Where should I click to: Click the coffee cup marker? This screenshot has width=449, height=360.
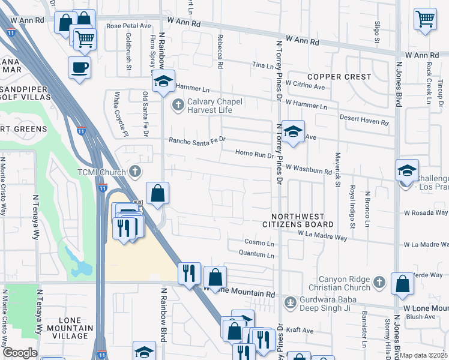79,67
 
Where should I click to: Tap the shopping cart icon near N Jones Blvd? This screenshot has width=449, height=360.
425,18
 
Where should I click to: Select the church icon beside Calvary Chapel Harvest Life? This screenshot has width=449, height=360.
178,106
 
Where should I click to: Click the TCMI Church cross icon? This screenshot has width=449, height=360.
135,172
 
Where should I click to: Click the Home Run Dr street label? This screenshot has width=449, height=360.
255,154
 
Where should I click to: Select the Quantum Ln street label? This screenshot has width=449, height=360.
256,255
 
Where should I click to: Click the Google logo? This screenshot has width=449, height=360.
20,353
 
